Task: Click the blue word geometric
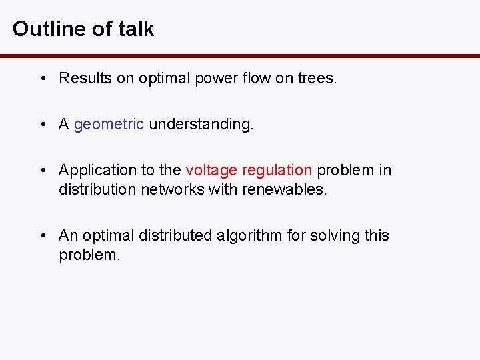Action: coord(109,125)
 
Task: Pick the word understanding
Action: coord(201,125)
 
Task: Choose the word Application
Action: coord(93,170)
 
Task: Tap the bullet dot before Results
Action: coord(42,79)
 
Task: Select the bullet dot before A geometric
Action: coord(42,125)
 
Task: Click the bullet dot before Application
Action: coord(42,170)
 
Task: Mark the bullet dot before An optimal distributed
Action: coord(42,235)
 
